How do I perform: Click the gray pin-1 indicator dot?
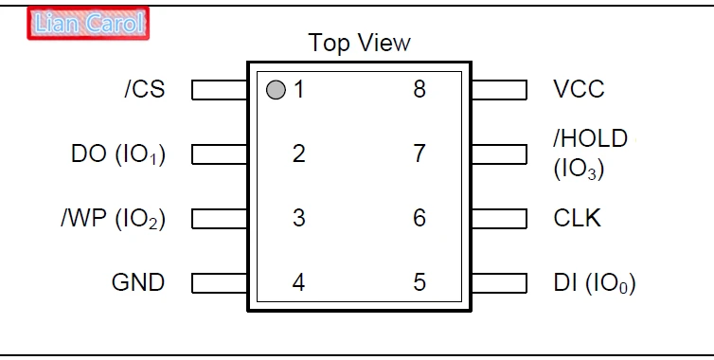coord(276,90)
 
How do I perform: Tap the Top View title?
coord(359,43)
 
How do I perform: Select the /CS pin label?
coord(144,89)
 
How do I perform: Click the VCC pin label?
coord(579,89)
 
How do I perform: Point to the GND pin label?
coord(138,282)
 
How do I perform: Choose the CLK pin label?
coord(577,218)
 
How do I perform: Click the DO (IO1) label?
coord(118,154)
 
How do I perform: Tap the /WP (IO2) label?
coord(114,219)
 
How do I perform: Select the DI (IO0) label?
coord(595,283)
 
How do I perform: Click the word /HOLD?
coord(591,138)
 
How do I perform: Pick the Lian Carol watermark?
coord(88,24)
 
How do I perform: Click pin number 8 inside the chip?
coord(419,89)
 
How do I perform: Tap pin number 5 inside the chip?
coord(419,282)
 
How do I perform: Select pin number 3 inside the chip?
coord(298,218)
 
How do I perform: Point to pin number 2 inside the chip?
coord(298,153)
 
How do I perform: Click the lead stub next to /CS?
coord(220,90)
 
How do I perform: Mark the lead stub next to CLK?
coord(500,218)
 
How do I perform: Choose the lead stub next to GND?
coord(220,283)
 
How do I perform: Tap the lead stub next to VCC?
coord(500,90)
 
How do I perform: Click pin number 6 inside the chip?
coord(419,218)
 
